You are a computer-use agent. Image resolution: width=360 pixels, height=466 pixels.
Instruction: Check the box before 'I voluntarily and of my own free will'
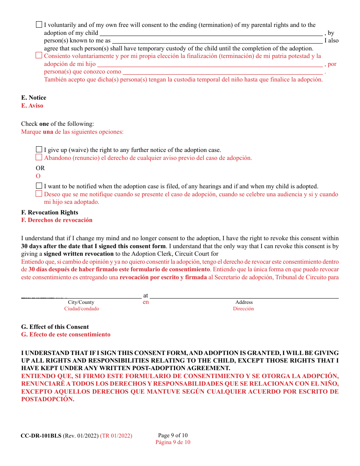39,25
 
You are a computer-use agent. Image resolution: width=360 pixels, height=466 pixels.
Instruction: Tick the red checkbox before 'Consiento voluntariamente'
39,55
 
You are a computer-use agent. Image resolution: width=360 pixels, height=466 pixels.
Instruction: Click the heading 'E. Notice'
34,98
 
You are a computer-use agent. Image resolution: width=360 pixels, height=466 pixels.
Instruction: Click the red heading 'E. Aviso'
32,106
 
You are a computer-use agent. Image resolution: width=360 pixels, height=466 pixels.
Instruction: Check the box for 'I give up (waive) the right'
39,150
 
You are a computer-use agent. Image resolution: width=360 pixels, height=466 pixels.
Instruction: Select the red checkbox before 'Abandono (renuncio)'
39,158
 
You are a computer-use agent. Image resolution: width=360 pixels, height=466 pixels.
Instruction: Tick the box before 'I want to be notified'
39,186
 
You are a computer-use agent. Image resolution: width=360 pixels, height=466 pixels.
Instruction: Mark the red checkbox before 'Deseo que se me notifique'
39,194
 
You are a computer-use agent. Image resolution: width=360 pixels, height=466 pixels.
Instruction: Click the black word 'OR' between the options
40,168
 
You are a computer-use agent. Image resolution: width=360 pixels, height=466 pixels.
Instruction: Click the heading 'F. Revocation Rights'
50,213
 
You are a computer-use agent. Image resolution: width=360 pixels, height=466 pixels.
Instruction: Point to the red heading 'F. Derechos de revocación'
57,220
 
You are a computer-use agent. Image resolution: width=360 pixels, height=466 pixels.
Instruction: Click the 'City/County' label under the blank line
81,302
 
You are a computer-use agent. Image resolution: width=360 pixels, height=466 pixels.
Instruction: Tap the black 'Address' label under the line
244,302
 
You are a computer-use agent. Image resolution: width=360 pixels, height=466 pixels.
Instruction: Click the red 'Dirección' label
243,309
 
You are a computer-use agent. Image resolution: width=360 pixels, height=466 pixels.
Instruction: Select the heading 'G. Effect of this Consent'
55,327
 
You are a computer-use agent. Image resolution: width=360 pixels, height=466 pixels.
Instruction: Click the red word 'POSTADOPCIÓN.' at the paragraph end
48,399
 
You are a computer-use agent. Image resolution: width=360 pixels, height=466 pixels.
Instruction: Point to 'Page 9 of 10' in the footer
173,435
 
